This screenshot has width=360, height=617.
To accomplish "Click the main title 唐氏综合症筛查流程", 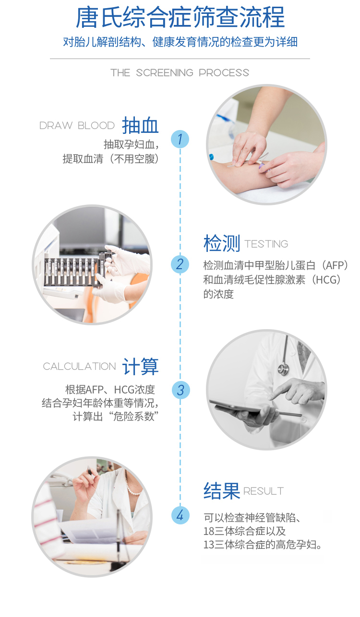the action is [x=180, y=17].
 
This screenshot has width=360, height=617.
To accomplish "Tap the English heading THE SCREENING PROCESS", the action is [x=180, y=73].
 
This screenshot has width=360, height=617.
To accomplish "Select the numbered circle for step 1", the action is [x=180, y=139].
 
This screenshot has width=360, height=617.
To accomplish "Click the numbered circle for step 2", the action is [x=180, y=264].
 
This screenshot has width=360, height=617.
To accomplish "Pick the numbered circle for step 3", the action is [x=180, y=390].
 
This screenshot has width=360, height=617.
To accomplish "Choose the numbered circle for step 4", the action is [x=180, y=515].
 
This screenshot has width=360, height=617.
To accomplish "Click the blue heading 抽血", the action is [x=140, y=125].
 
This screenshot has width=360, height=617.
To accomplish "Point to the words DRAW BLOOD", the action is [x=77, y=126].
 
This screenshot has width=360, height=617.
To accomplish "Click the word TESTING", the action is [x=266, y=244].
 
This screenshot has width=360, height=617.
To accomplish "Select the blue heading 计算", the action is [x=140, y=367].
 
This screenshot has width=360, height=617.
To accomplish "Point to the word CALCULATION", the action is [x=79, y=367].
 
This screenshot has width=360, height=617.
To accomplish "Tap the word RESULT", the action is [x=264, y=491].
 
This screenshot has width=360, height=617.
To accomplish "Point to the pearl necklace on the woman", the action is [x=132, y=484].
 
